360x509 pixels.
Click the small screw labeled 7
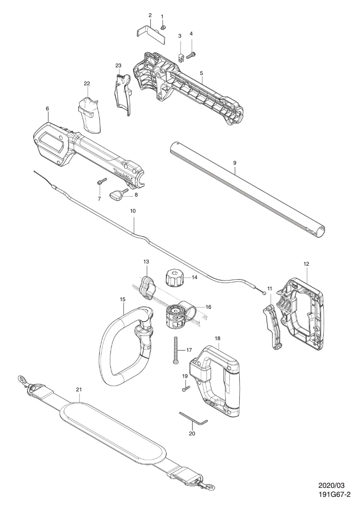101,182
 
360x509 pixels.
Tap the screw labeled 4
192,55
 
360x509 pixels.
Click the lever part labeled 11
272,325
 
